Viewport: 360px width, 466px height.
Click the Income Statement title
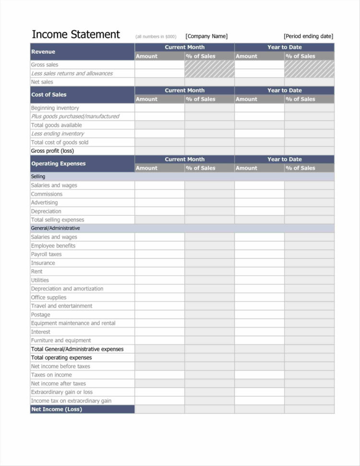[x=75, y=35]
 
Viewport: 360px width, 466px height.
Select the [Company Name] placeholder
[x=206, y=36]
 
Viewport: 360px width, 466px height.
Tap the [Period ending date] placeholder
[x=308, y=36]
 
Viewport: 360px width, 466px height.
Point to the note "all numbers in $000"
[x=156, y=37]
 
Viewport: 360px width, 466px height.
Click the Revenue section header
[x=43, y=51]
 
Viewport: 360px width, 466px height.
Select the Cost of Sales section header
[x=48, y=95]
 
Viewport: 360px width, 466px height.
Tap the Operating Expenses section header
[x=58, y=163]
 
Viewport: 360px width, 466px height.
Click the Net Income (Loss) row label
[x=56, y=409]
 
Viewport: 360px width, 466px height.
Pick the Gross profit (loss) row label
[x=52, y=151]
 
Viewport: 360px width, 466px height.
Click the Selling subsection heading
[x=38, y=177]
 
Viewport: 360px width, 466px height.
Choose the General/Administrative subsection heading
[x=55, y=228]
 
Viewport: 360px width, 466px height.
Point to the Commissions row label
[x=47, y=194]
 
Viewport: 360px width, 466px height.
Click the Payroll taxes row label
[x=46, y=254]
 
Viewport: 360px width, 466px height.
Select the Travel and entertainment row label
[x=61, y=306]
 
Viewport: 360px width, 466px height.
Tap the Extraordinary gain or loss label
[x=61, y=392]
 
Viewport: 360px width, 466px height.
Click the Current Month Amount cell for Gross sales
[x=159, y=65]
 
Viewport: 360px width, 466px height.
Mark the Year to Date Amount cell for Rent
[x=259, y=271]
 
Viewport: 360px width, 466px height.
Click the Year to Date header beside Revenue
[x=284, y=47]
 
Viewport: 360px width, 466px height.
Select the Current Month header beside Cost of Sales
[x=184, y=90]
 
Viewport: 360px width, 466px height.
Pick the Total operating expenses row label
[x=61, y=357]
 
